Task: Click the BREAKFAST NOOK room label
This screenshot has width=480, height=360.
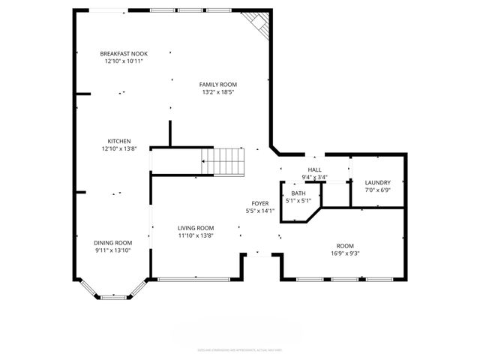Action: pyautogui.click(x=124, y=53)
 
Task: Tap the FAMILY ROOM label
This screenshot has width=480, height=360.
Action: pyautogui.click(x=218, y=85)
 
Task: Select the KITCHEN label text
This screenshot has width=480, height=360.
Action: pyautogui.click(x=119, y=141)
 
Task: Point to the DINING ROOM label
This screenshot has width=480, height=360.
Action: pyautogui.click(x=113, y=242)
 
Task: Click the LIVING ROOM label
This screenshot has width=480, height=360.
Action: pyautogui.click(x=196, y=228)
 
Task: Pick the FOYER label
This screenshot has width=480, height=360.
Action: pyautogui.click(x=259, y=203)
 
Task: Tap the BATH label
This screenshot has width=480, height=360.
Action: pyautogui.click(x=298, y=193)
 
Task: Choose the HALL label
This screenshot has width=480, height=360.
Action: pyautogui.click(x=315, y=170)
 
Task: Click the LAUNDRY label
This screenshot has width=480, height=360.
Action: pyautogui.click(x=377, y=183)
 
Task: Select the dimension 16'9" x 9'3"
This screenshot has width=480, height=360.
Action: pyautogui.click(x=344, y=253)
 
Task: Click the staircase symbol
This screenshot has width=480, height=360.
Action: pyautogui.click(x=223, y=160)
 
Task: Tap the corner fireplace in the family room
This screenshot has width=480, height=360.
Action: pyautogui.click(x=259, y=23)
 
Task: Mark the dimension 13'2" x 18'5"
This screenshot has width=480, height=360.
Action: pyautogui.click(x=218, y=92)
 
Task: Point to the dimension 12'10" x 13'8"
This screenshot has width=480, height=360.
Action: pyautogui.click(x=119, y=148)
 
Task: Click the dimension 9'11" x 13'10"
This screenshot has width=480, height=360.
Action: pyautogui.click(x=113, y=250)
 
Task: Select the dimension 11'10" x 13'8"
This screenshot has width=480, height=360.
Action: pyautogui.click(x=196, y=235)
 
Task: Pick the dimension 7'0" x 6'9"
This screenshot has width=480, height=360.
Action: pyautogui.click(x=377, y=190)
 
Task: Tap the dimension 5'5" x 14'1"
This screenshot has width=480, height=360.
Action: pyautogui.click(x=259, y=211)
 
